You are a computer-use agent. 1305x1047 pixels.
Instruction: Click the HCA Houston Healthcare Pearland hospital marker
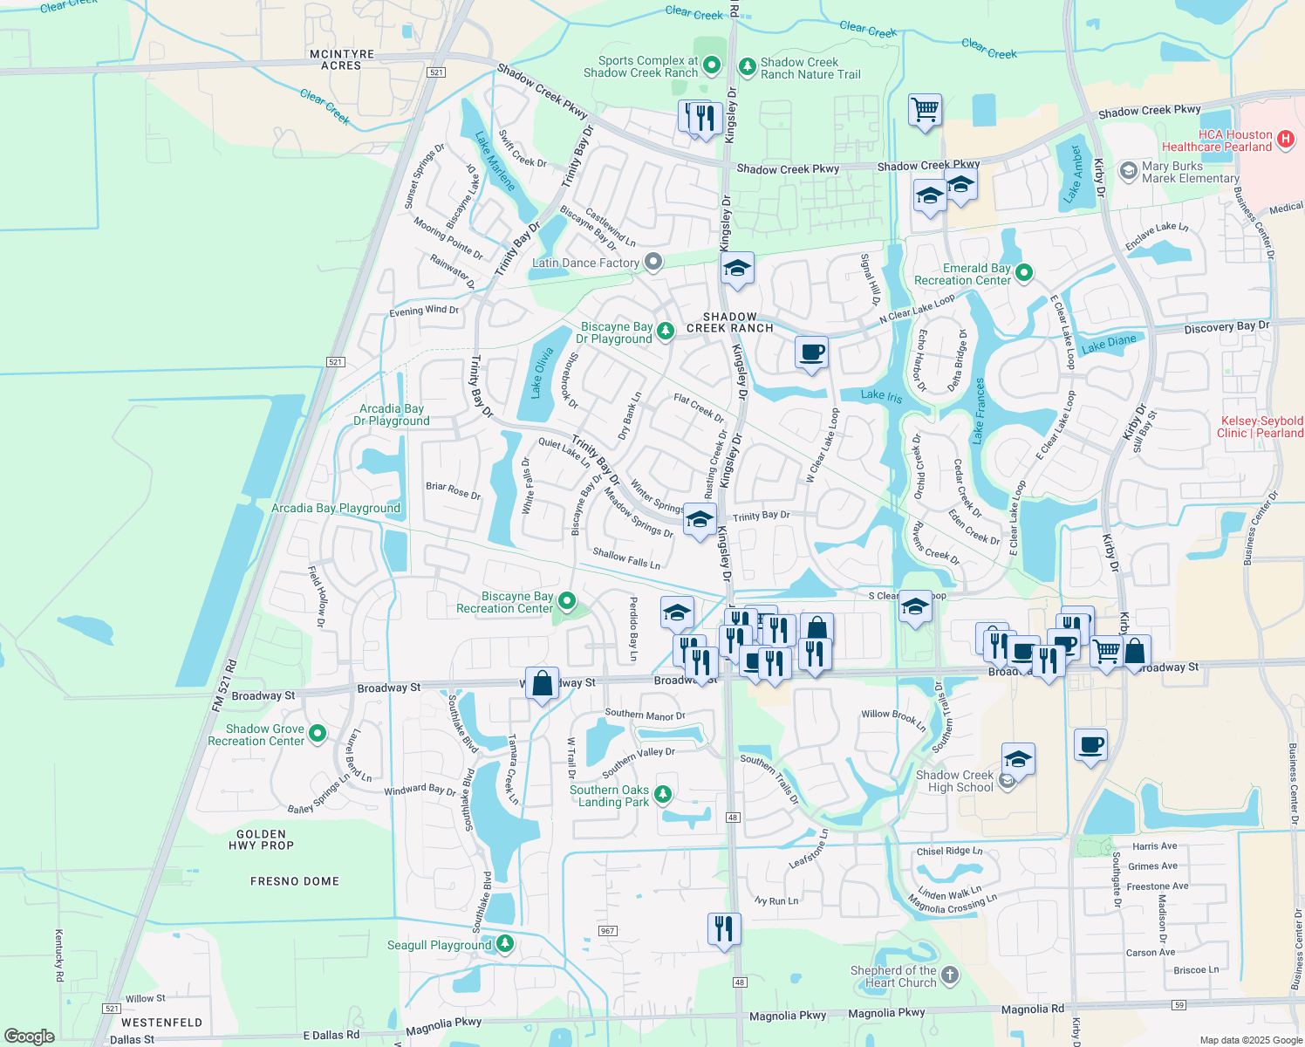(x=1285, y=140)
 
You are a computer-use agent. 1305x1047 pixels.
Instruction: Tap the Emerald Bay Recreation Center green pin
(x=1025, y=273)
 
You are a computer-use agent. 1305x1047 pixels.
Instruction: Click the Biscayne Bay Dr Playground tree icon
(x=665, y=331)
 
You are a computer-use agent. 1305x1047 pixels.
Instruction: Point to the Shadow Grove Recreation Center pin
(x=318, y=734)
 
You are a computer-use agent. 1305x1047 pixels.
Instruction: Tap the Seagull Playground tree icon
(x=504, y=943)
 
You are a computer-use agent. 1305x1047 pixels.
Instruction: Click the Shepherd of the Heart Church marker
(x=950, y=975)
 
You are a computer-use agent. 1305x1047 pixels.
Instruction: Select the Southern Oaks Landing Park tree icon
(x=663, y=793)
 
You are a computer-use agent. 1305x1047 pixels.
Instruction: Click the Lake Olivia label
(x=542, y=373)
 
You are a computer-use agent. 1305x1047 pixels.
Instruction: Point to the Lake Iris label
(x=881, y=395)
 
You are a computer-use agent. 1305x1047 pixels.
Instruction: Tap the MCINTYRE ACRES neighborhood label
(x=342, y=59)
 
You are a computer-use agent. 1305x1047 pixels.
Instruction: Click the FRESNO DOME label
(x=295, y=881)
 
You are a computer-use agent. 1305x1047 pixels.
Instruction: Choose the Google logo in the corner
(x=30, y=1036)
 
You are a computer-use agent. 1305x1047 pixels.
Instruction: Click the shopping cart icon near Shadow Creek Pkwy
(x=925, y=111)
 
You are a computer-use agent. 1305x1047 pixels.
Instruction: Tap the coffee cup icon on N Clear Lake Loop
(x=811, y=352)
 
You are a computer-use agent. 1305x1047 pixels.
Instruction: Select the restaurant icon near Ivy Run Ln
(x=724, y=929)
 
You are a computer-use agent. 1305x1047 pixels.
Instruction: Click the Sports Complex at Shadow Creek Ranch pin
(x=712, y=65)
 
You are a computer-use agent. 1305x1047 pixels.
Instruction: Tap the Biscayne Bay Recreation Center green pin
(x=567, y=600)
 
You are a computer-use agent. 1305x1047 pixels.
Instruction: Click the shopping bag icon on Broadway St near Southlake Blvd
(x=542, y=684)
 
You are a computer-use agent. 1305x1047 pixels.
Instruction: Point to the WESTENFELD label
(x=161, y=1022)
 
